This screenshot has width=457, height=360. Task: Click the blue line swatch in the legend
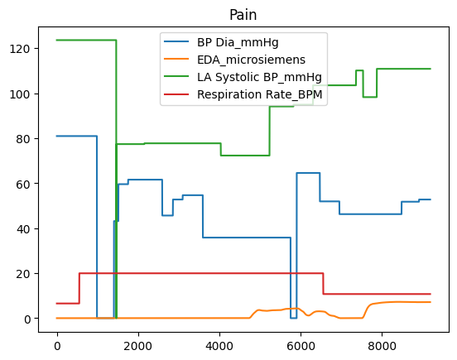pos(177,42)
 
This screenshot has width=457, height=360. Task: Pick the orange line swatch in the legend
pos(177,60)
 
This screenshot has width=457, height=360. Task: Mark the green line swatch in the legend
pos(177,77)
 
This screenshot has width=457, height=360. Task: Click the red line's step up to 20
pos(79,288)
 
